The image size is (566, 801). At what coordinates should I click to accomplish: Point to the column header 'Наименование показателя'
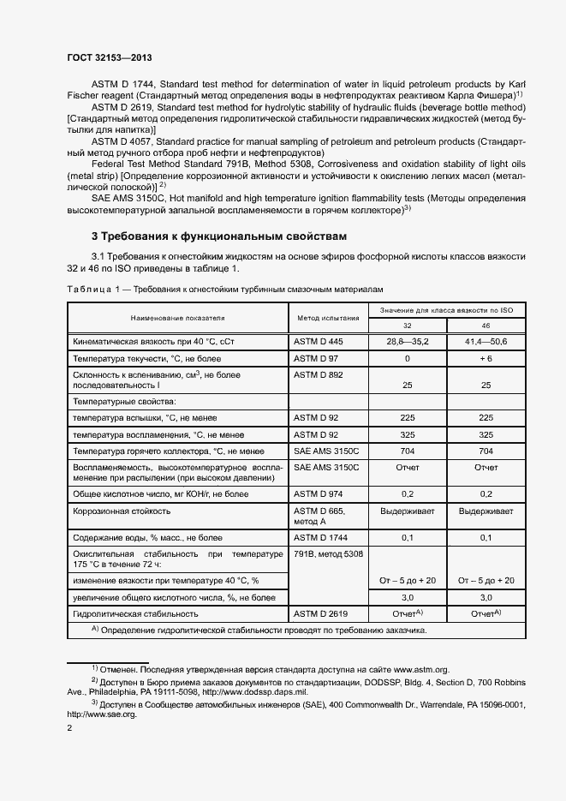[178, 318]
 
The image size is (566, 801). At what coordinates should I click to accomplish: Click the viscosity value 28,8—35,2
[407, 342]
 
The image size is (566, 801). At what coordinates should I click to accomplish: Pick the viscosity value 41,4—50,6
[486, 342]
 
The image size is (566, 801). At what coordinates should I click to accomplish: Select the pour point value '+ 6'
[486, 358]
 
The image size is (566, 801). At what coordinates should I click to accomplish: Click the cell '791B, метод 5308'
[328, 554]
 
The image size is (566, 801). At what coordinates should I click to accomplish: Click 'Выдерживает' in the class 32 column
[407, 511]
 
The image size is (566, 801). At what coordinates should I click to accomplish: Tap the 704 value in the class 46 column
[486, 451]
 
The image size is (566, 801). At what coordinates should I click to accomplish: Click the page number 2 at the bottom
[69, 728]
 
